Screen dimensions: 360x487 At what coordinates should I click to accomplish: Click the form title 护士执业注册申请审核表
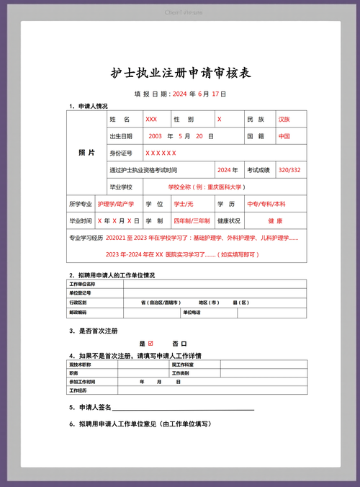pyautogui.click(x=181, y=73)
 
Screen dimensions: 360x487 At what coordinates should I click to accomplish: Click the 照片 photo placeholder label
pyautogui.click(x=86, y=153)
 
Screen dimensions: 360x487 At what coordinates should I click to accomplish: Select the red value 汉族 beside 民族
pyautogui.click(x=284, y=119)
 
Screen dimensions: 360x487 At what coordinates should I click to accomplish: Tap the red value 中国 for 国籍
pyautogui.click(x=284, y=135)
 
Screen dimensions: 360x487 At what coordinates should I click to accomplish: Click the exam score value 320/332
pyautogui.click(x=289, y=170)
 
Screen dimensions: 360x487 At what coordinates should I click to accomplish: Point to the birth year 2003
pyautogui.click(x=155, y=135)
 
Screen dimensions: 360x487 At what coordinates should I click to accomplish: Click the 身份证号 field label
pyautogui.click(x=120, y=153)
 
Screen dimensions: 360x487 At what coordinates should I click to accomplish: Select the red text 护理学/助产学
pyautogui.click(x=116, y=204)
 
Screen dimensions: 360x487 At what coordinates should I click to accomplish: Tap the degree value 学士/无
pyautogui.click(x=184, y=204)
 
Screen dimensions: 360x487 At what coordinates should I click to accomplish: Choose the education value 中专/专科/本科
pyautogui.click(x=266, y=204)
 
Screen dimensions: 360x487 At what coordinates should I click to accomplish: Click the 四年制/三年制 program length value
pyautogui.click(x=192, y=220)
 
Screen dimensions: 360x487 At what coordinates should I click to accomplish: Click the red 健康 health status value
pyautogui.click(x=275, y=220)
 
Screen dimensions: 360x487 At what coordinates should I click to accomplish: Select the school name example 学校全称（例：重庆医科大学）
pyautogui.click(x=206, y=187)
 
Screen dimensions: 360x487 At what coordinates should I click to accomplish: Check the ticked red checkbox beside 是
pyautogui.click(x=151, y=344)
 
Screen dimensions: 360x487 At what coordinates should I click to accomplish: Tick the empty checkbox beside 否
pyautogui.click(x=184, y=344)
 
